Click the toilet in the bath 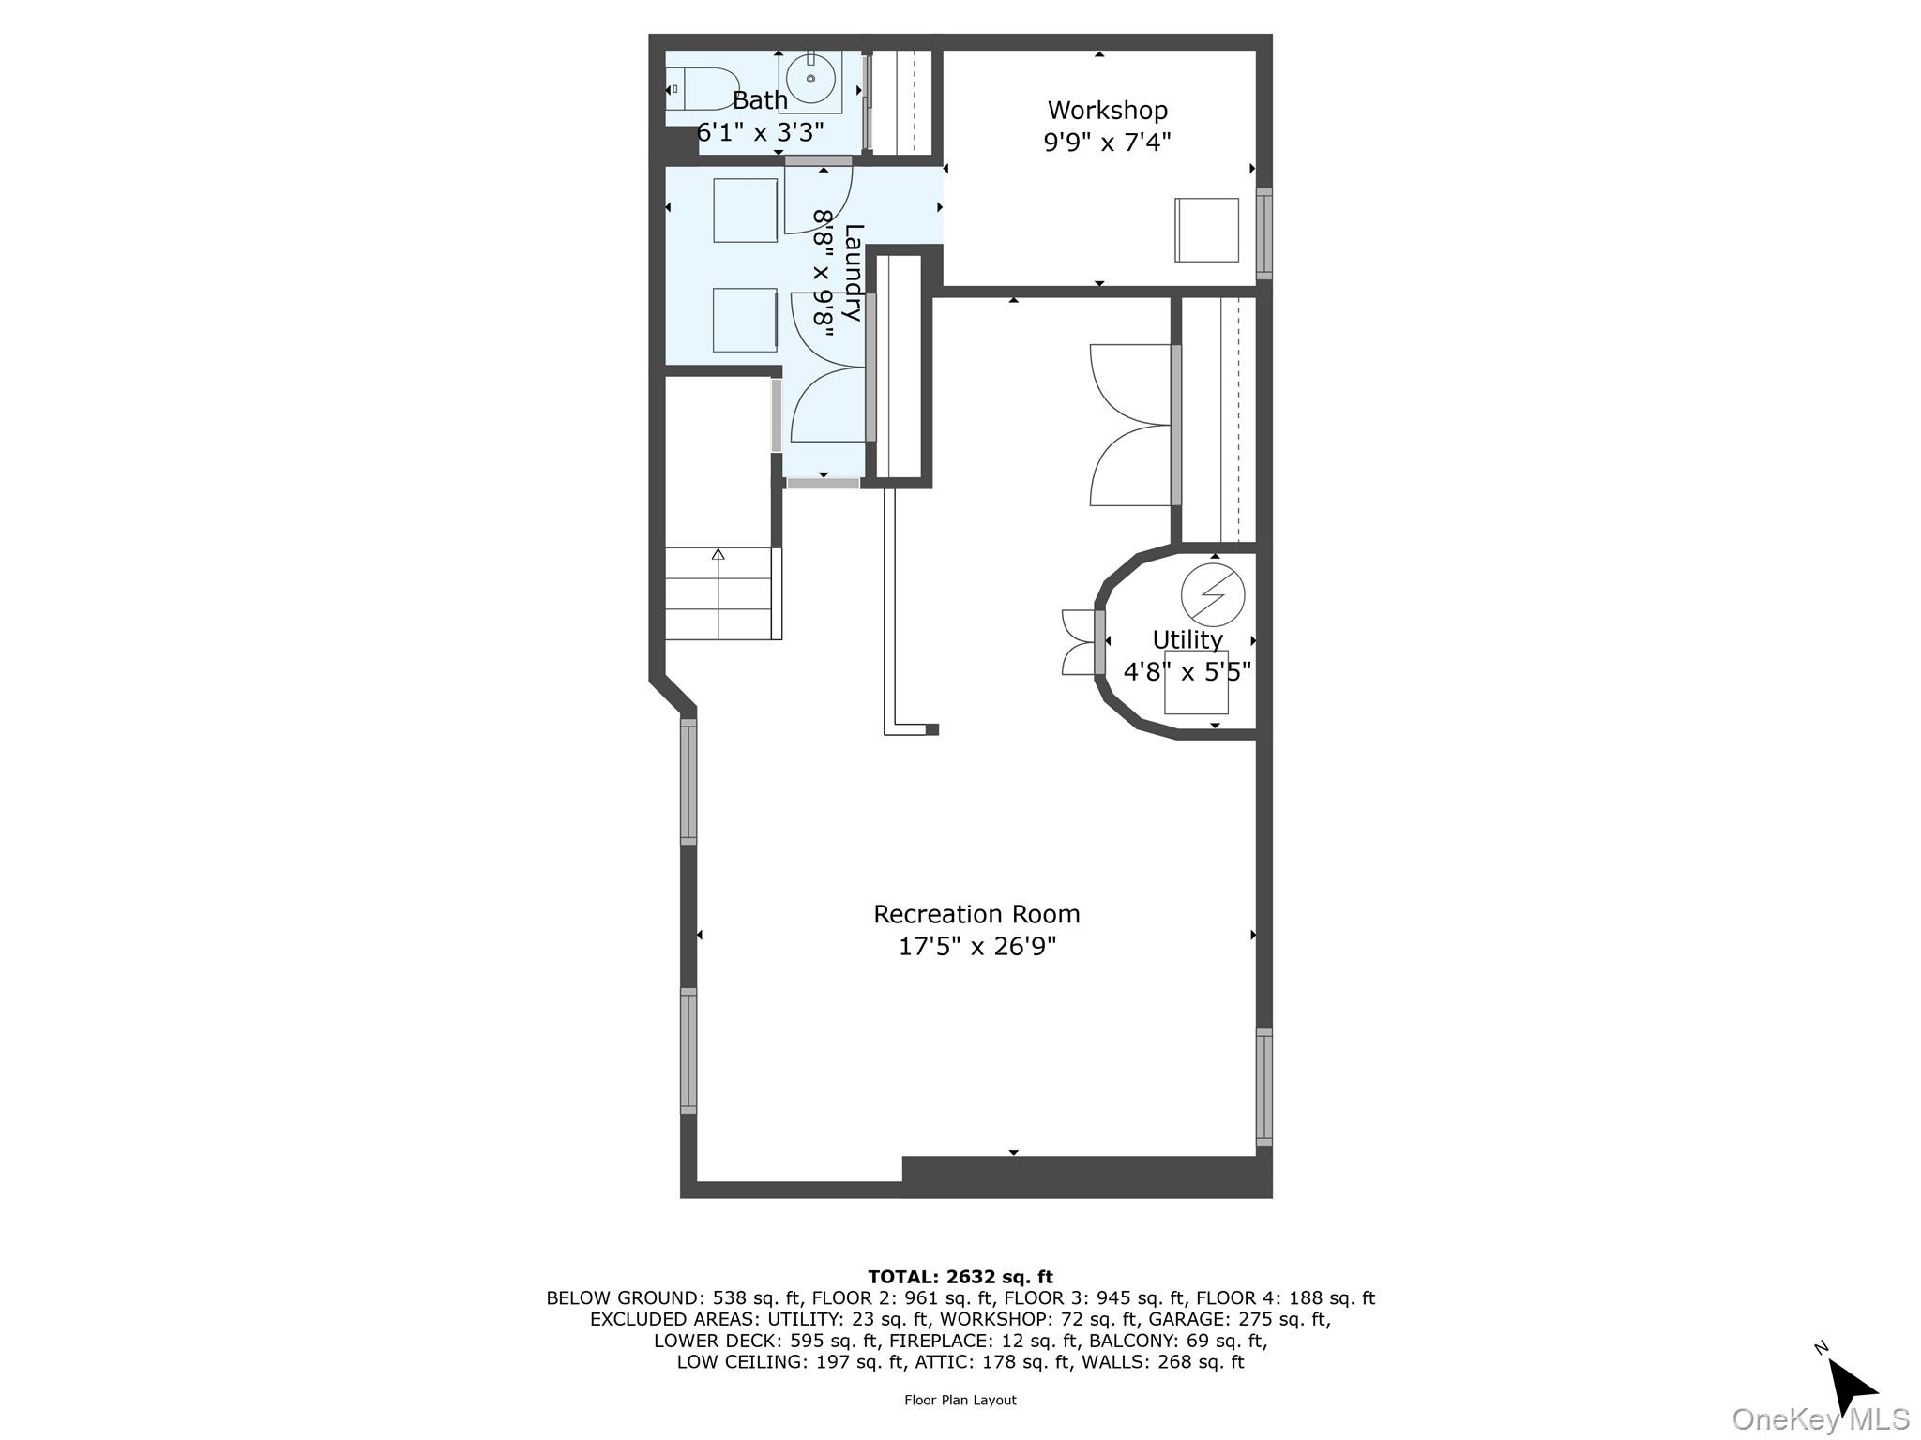pyautogui.click(x=703, y=89)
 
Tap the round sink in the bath pyautogui.click(x=809, y=80)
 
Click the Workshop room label pyautogui.click(x=1107, y=111)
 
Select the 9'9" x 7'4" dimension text pyautogui.click(x=1107, y=142)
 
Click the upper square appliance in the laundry pyautogui.click(x=745, y=210)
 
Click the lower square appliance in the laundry pyautogui.click(x=744, y=320)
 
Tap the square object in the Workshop pyautogui.click(x=1206, y=230)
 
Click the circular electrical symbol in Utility pyautogui.click(x=1212, y=594)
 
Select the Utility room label pyautogui.click(x=1187, y=639)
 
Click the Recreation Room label pyautogui.click(x=976, y=914)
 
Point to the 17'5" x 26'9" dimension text pyautogui.click(x=976, y=947)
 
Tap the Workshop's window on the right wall pyautogui.click(x=1263, y=233)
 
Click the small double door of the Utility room pyautogui.click(x=1080, y=642)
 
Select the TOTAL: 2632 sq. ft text pyautogui.click(x=960, y=1277)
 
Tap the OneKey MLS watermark pyautogui.click(x=1820, y=1419)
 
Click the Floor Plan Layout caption pyautogui.click(x=960, y=1400)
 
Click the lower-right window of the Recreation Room pyautogui.click(x=1263, y=1087)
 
